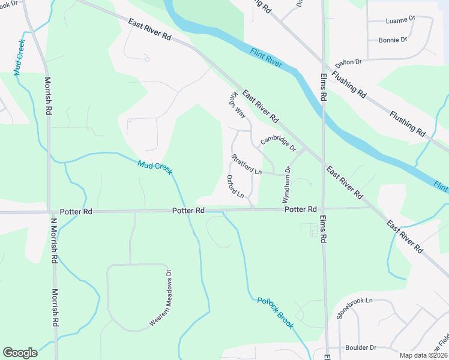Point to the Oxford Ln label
pyautogui.click(x=235, y=187)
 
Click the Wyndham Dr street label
pyautogui.click(x=286, y=185)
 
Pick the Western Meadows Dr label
pyautogui.click(x=160, y=298)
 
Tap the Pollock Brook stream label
pyautogui.click(x=276, y=313)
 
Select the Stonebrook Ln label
pyautogui.click(x=355, y=308)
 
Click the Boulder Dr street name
pyautogui.click(x=361, y=347)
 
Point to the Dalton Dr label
pyautogui.click(x=349, y=62)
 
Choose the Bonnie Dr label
pyautogui.click(x=393, y=40)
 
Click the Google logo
pyautogui.click(x=20, y=352)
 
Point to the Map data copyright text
pyautogui.click(x=424, y=355)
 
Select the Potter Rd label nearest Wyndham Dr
pyautogui.click(x=300, y=209)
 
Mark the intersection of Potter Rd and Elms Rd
pyautogui.click(x=324, y=209)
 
